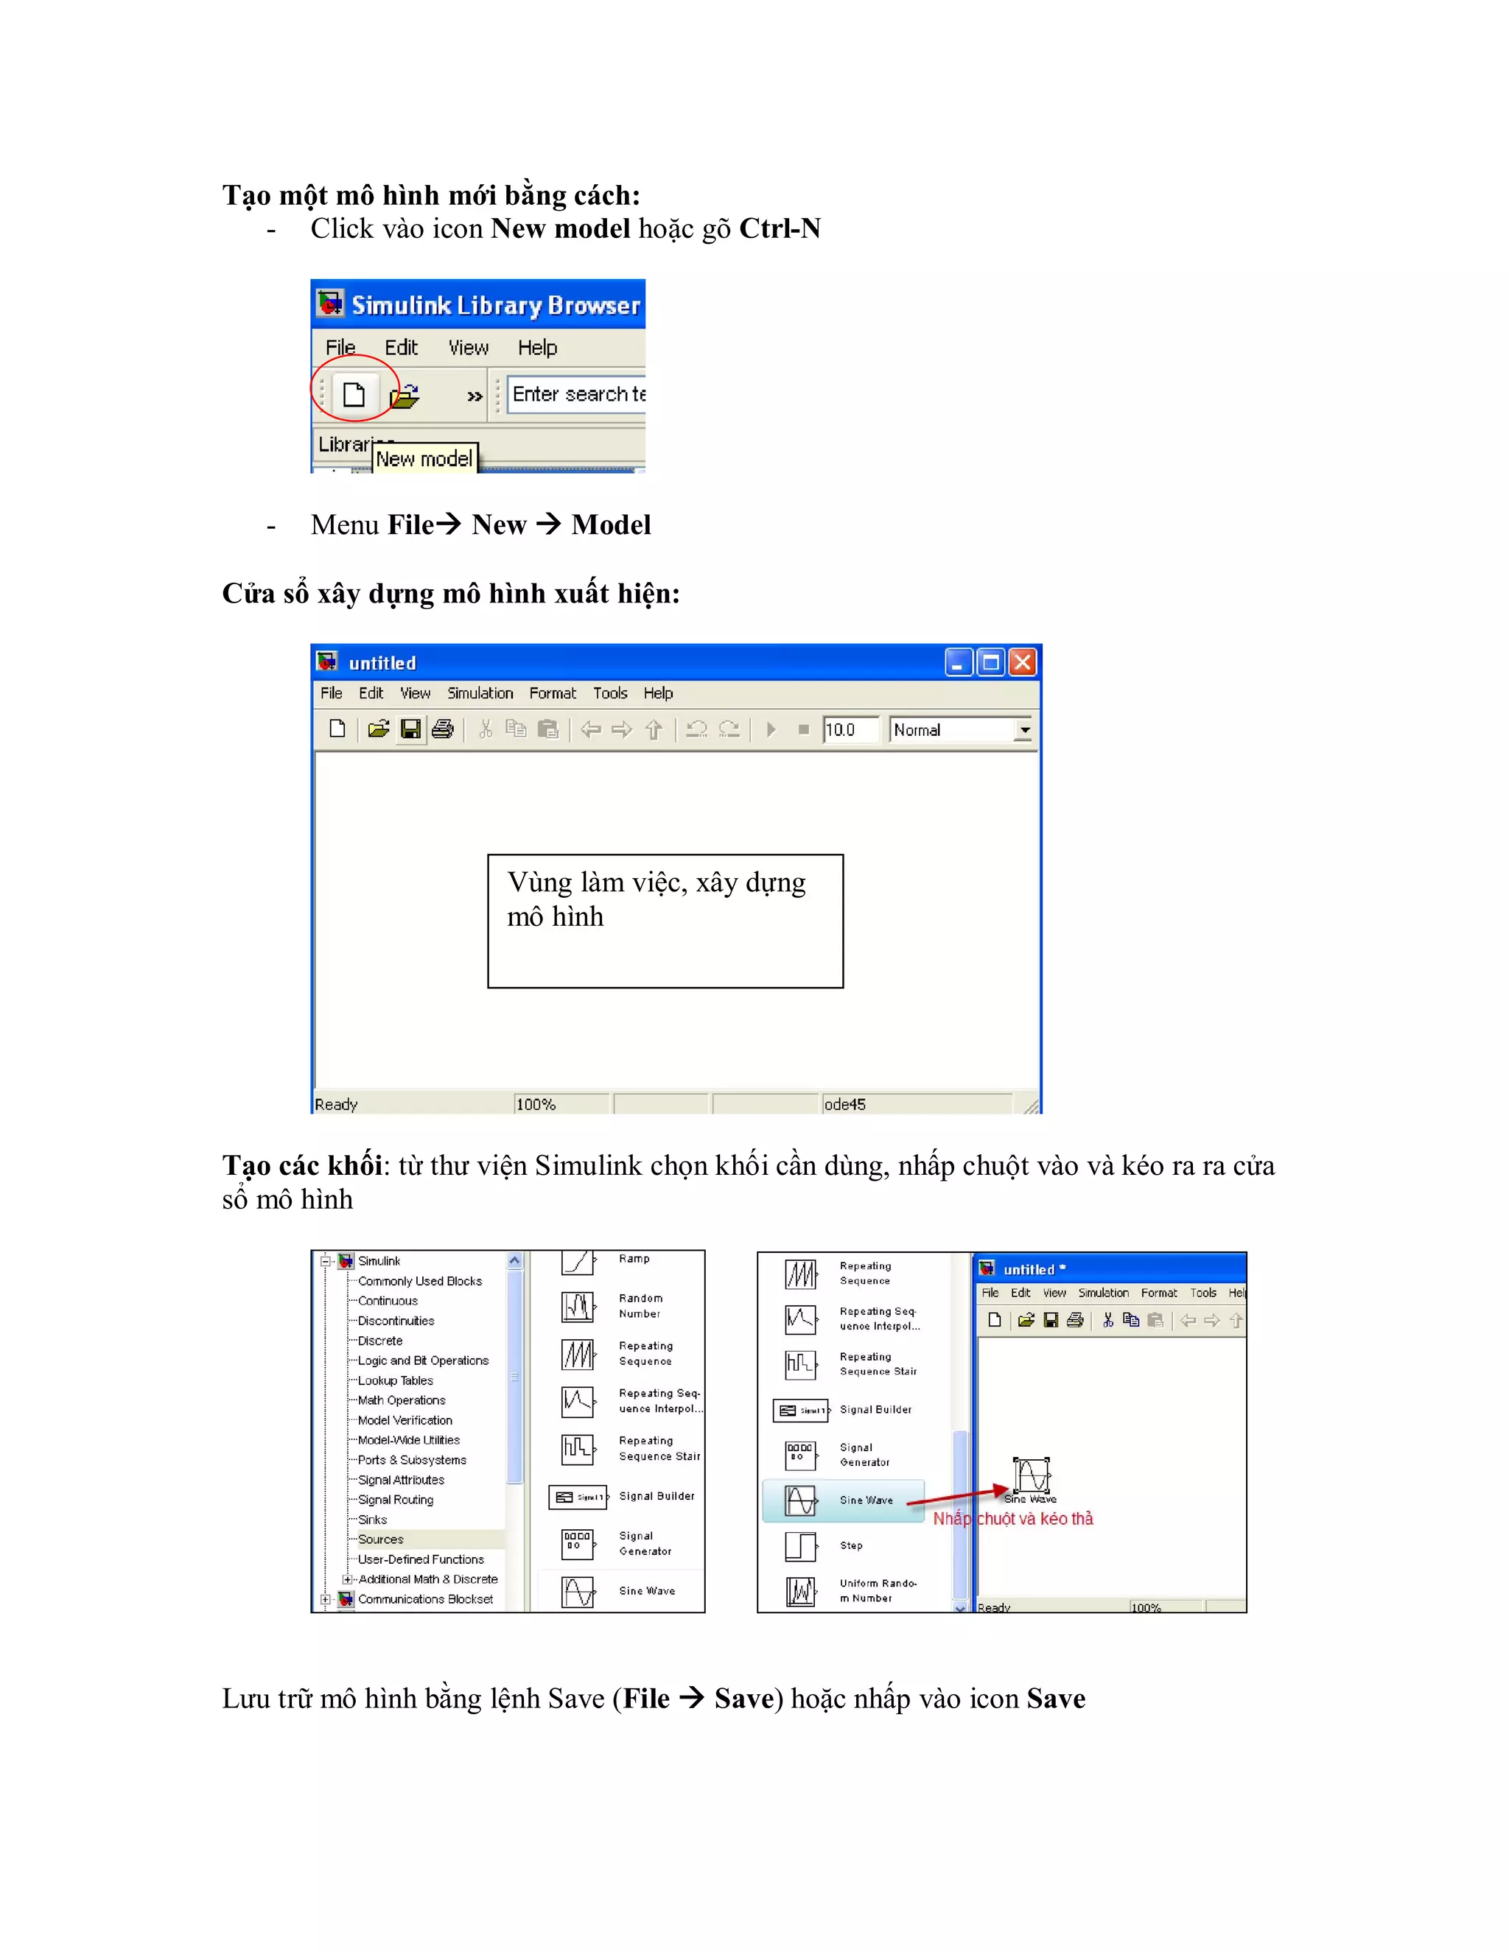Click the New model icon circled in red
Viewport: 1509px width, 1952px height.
point(354,394)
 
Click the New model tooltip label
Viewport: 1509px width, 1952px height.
point(424,458)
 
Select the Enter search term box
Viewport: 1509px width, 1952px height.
point(578,394)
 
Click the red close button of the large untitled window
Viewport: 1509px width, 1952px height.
point(1023,662)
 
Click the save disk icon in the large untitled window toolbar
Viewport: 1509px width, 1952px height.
point(410,729)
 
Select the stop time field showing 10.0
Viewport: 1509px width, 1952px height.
point(850,729)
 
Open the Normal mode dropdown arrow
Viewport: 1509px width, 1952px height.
point(1024,730)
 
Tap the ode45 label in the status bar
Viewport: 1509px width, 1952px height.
point(845,1105)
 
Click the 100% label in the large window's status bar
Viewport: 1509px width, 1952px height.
point(536,1105)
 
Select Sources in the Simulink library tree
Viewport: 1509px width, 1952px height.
point(381,1539)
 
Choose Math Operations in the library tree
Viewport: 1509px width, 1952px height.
point(402,1400)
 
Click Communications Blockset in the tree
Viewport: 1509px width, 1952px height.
point(426,1599)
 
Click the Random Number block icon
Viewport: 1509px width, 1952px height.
point(578,1307)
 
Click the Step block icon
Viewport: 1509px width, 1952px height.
point(800,1546)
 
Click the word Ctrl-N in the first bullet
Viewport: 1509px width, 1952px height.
point(780,229)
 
